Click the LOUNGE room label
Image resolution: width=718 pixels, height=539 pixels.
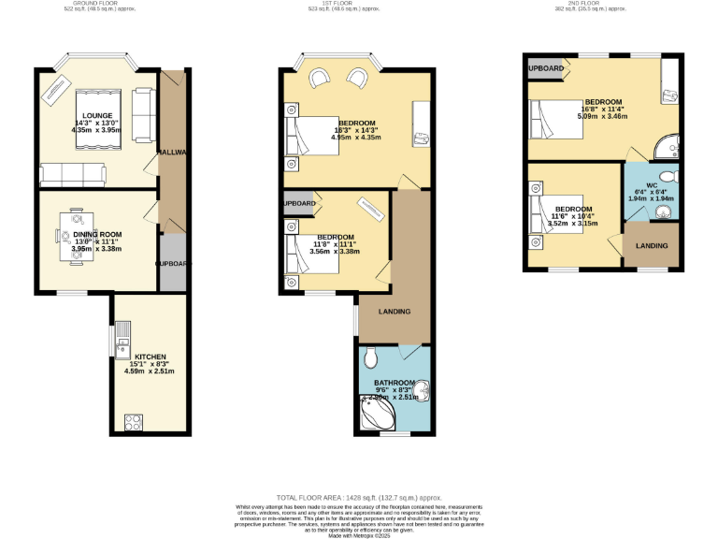(96, 115)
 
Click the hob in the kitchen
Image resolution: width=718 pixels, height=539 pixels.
(133, 420)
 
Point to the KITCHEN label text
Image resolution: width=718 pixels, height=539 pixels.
(150, 357)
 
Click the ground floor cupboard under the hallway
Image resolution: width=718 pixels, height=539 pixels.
(173, 264)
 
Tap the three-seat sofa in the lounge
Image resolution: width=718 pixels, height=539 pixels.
(73, 173)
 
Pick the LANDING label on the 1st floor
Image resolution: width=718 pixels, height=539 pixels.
(394, 312)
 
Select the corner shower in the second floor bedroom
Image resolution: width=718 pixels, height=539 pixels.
(668, 148)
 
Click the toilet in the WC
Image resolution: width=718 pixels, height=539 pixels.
(668, 177)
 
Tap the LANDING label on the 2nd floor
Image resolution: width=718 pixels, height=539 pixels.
(651, 246)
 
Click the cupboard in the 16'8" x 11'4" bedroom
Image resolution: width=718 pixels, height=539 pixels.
(546, 69)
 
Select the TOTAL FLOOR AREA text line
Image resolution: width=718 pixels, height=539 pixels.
(358, 498)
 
